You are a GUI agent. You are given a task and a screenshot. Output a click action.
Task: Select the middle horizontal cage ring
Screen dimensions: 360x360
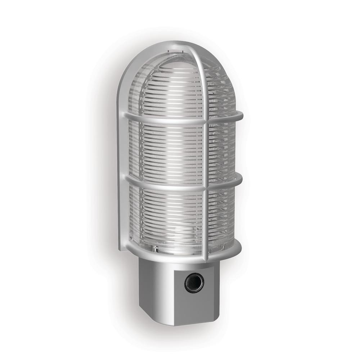tap(162, 184)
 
